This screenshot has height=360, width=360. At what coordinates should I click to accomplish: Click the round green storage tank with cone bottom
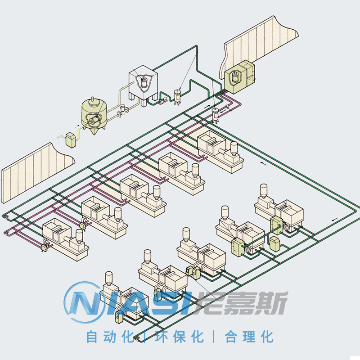(94, 115)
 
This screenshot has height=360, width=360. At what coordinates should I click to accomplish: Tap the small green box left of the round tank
(71, 140)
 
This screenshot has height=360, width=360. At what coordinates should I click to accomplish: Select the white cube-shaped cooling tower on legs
(143, 85)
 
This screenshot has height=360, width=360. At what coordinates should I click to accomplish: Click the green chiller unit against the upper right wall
(239, 76)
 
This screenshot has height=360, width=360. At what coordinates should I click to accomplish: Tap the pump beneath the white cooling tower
(163, 100)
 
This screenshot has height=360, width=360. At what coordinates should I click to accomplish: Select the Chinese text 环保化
(180, 337)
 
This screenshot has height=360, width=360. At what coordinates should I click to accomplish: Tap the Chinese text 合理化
(249, 337)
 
